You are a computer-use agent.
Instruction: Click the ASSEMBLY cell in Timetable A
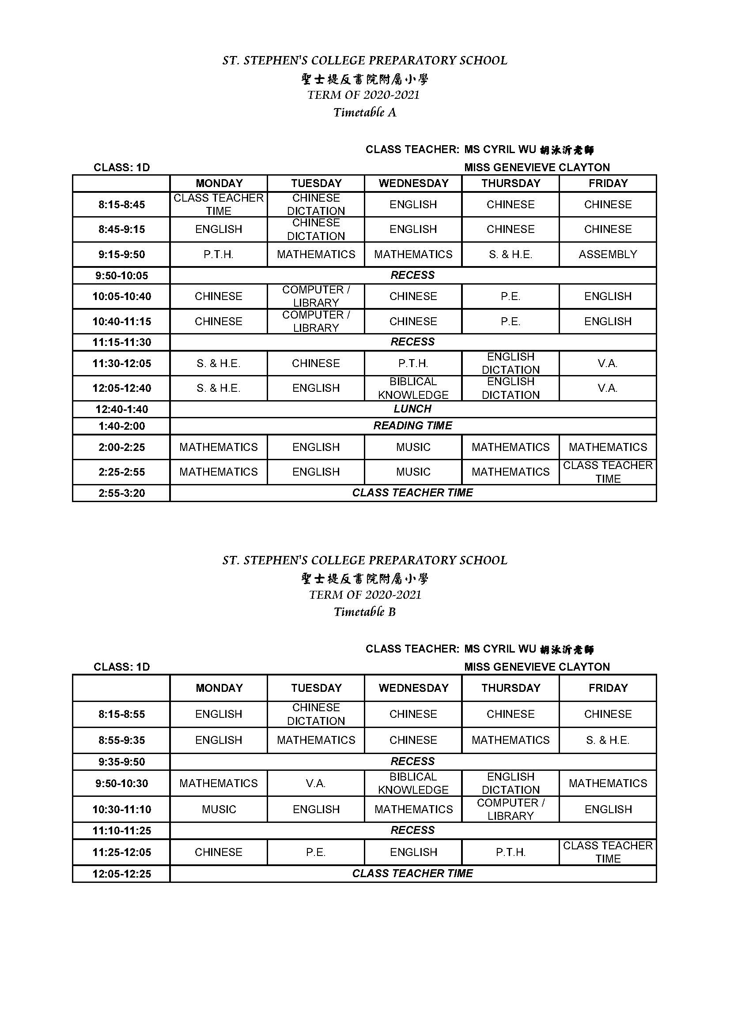pos(608,255)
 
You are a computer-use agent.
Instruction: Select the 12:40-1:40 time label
pos(121,409)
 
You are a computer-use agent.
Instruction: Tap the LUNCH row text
pos(412,409)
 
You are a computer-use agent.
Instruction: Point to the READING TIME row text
pos(412,425)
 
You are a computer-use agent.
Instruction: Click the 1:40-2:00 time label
pos(121,426)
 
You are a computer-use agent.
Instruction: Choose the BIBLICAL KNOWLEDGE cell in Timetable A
pos(413,388)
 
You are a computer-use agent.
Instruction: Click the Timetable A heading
pos(365,112)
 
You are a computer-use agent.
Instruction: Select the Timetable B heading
pos(365,611)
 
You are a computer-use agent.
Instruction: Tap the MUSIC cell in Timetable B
pos(219,809)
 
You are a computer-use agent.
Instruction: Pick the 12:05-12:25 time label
pos(121,874)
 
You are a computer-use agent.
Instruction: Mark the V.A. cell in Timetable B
pos(316,784)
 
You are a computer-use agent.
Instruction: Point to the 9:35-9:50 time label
pos(121,762)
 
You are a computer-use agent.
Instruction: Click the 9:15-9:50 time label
pos(121,255)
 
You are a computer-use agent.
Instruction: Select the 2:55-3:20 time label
pos(121,493)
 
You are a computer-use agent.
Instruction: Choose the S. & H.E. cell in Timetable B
pos(608,740)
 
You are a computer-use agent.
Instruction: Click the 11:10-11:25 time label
pos(121,830)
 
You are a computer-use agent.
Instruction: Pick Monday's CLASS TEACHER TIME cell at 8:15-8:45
pos(219,205)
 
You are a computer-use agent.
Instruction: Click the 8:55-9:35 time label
pos(121,740)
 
